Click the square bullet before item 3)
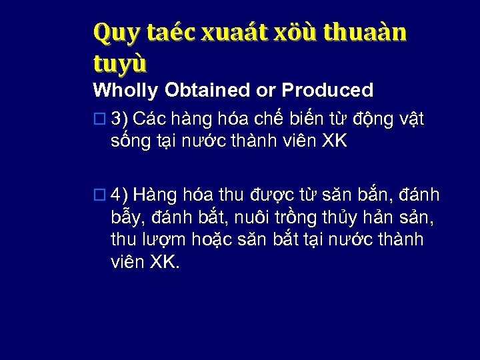click(x=99, y=120)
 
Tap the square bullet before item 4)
click(x=99, y=195)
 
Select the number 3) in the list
click(x=119, y=119)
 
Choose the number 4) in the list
click(x=119, y=194)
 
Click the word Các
click(x=147, y=119)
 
